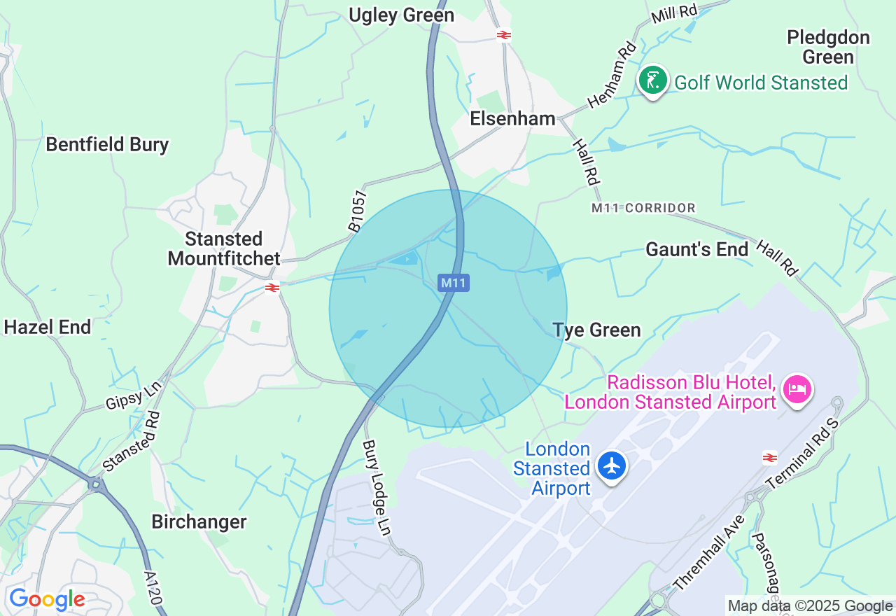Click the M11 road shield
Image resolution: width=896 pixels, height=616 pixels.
(x=454, y=283)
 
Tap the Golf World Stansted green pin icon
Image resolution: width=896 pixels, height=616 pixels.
(x=652, y=81)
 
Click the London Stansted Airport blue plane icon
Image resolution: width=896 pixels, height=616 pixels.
(x=612, y=465)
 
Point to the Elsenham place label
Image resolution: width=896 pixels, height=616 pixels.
(x=512, y=119)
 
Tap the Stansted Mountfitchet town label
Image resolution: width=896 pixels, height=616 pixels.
(x=224, y=248)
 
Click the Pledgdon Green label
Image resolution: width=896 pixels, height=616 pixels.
(x=828, y=47)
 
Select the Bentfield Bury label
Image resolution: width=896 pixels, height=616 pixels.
(x=107, y=145)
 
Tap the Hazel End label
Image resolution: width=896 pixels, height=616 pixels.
(x=48, y=327)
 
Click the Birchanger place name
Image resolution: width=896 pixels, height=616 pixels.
(x=199, y=522)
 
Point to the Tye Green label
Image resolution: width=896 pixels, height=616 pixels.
(x=596, y=330)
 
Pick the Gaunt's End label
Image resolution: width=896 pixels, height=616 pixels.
(x=696, y=250)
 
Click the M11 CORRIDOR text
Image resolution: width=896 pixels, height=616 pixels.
(x=643, y=208)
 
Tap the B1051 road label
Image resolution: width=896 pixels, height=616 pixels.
(x=358, y=211)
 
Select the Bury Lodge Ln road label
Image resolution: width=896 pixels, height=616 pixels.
(x=376, y=488)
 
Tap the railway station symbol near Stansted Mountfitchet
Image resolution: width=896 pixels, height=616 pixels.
(x=272, y=288)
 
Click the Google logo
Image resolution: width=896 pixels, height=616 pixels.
(x=47, y=600)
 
